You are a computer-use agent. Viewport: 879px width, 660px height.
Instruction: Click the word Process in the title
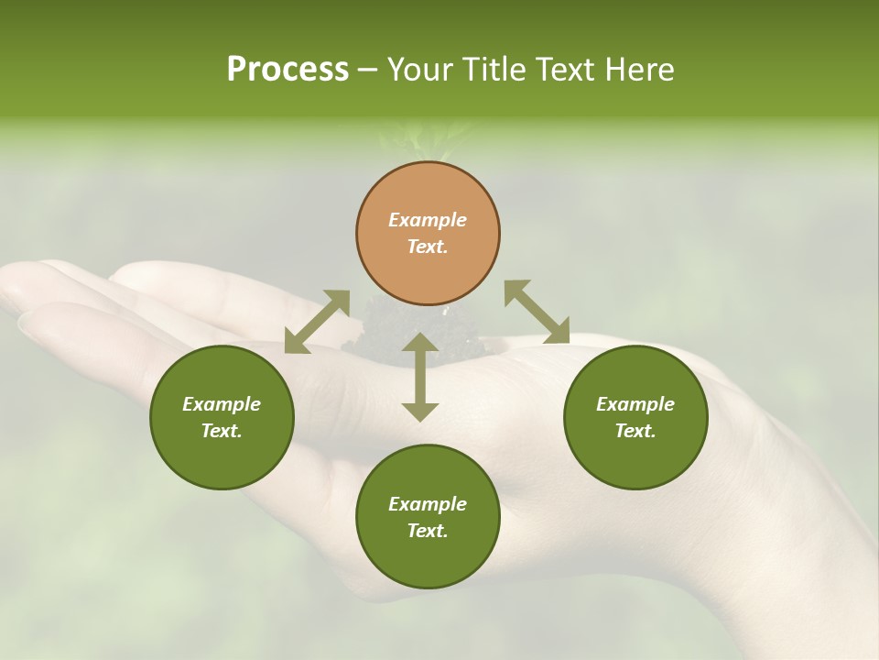(288, 70)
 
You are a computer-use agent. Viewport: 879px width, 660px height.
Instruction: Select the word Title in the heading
(497, 70)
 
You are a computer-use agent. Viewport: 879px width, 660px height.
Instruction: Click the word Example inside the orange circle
(428, 220)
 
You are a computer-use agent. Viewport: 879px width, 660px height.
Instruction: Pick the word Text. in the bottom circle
(428, 531)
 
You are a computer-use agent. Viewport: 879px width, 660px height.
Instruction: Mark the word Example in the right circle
(635, 404)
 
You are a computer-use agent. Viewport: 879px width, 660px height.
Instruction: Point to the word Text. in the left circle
(222, 431)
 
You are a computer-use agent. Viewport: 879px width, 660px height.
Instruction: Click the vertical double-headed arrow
(420, 377)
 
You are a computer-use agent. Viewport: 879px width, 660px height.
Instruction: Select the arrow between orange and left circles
(317, 321)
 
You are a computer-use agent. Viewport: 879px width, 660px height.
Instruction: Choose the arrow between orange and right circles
(537, 312)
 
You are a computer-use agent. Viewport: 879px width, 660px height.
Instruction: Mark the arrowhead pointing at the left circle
(296, 342)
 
